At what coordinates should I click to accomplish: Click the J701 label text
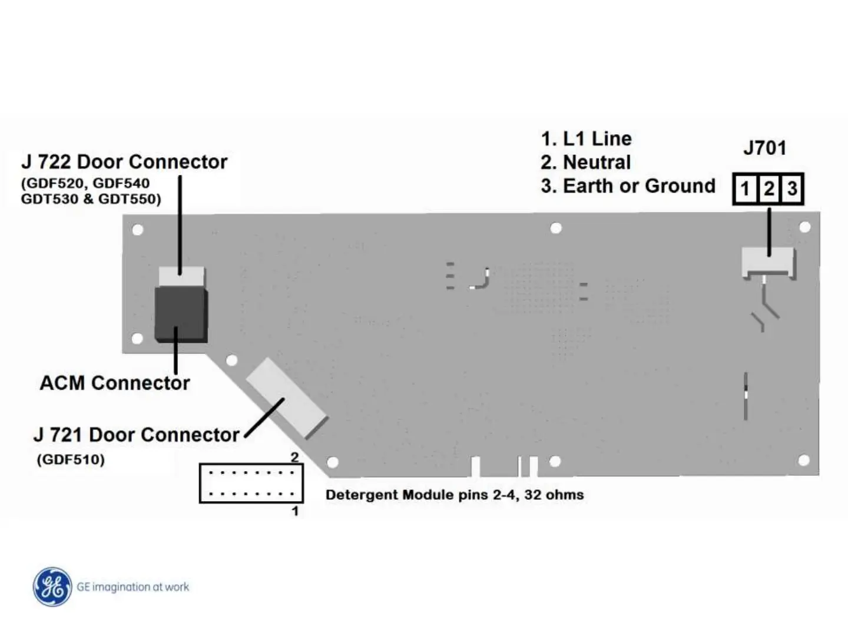(x=764, y=148)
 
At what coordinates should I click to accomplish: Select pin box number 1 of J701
(x=746, y=189)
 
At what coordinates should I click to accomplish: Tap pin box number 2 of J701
(x=769, y=189)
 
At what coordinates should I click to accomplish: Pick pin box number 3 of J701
(x=792, y=189)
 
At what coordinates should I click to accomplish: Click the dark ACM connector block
(x=181, y=314)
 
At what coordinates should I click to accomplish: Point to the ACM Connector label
(x=115, y=383)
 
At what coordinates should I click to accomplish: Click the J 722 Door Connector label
(x=124, y=162)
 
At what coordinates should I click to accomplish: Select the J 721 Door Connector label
(x=137, y=435)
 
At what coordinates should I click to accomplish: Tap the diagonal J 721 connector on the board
(x=286, y=397)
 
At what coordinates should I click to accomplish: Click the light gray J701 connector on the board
(x=767, y=261)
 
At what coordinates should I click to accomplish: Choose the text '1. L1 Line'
(x=586, y=139)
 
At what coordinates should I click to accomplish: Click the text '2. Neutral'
(x=585, y=162)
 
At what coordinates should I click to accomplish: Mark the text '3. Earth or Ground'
(x=628, y=186)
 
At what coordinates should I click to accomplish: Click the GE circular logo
(x=52, y=587)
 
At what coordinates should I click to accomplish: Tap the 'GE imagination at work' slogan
(x=133, y=587)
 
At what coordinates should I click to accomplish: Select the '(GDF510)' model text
(x=71, y=459)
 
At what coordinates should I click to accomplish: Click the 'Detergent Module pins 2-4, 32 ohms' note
(x=455, y=495)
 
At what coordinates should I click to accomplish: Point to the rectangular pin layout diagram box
(x=251, y=483)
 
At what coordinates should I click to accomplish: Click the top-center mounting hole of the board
(x=556, y=228)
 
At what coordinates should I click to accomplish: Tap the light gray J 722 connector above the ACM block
(x=182, y=276)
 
